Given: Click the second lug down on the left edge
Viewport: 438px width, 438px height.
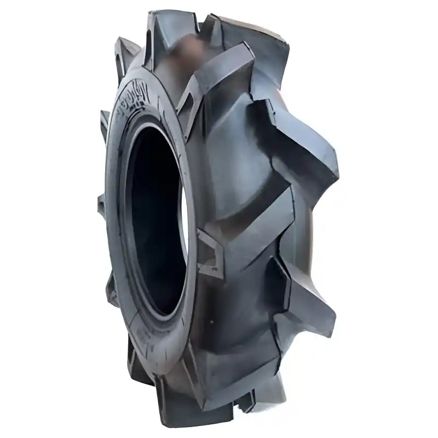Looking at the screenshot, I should (104, 120).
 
